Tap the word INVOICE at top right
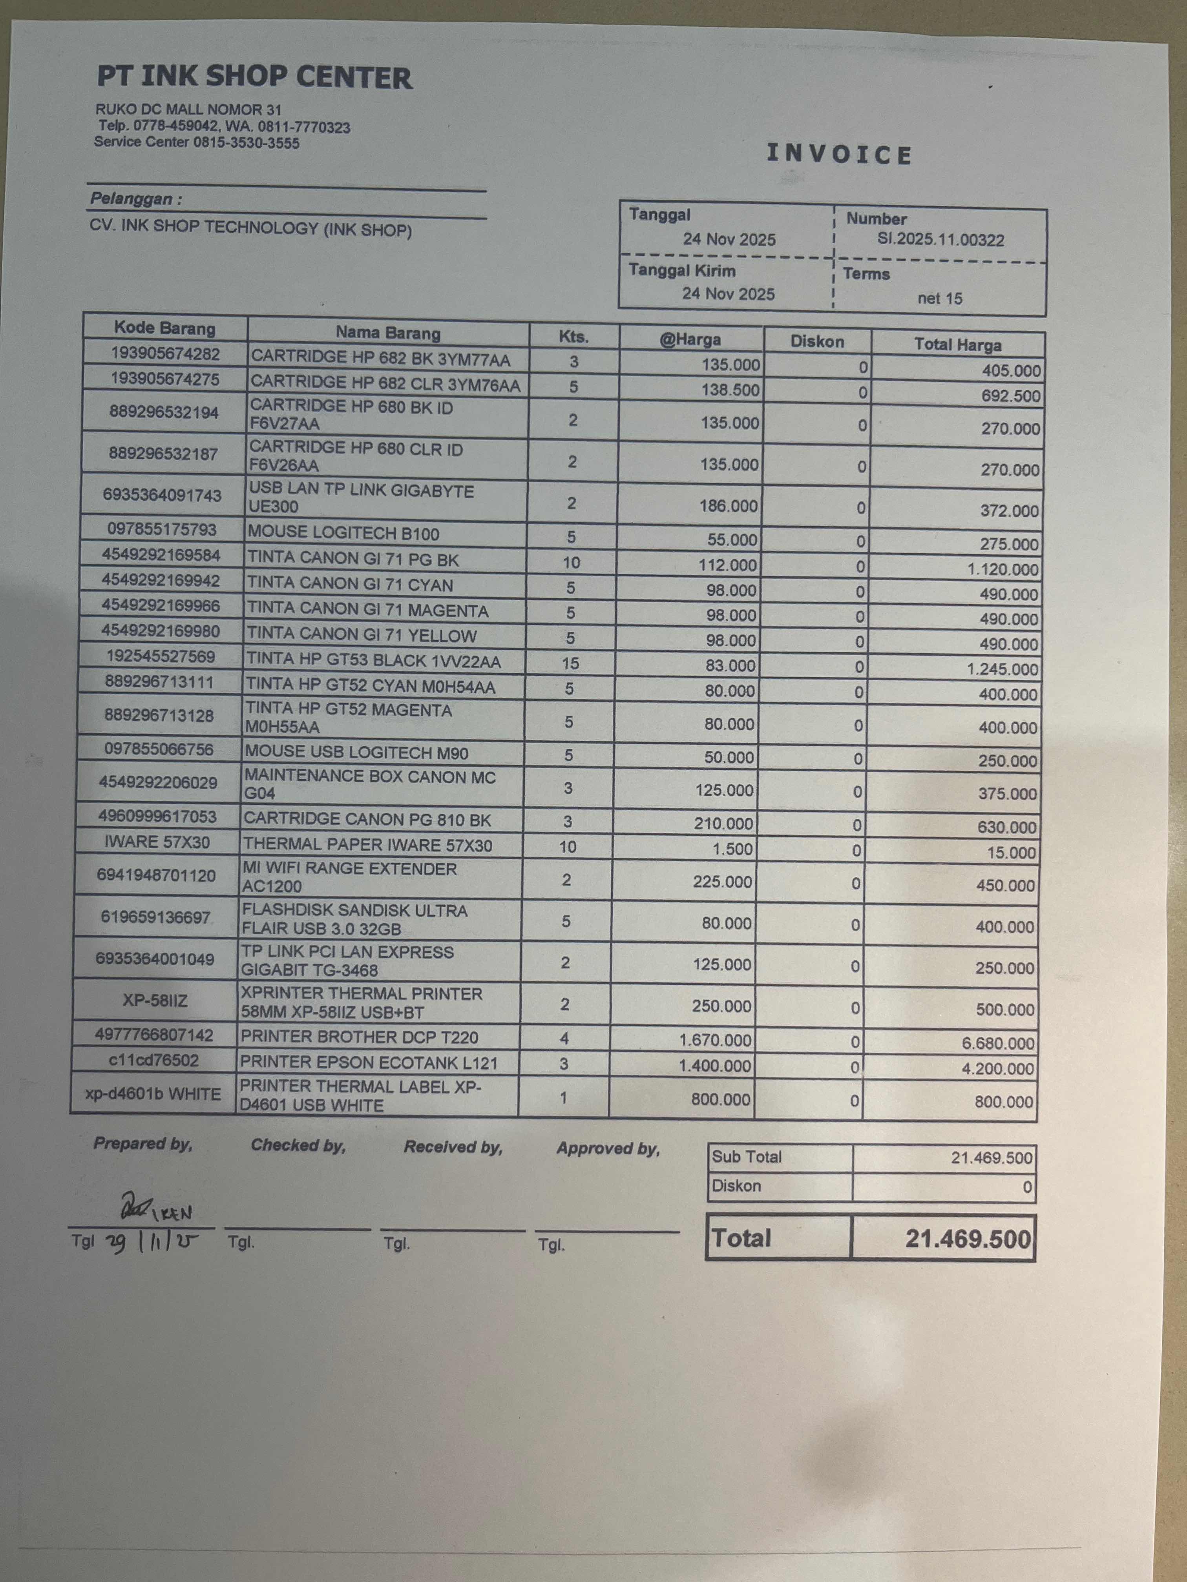coord(839,155)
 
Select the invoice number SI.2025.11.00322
coord(940,240)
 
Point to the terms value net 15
coord(939,298)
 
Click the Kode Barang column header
coord(164,328)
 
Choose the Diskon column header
coord(817,341)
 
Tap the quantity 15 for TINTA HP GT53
coord(570,663)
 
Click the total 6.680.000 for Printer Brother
coord(997,1043)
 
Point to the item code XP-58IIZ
coord(155,1001)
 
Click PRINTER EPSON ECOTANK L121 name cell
coord(369,1063)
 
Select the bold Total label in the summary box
coord(741,1238)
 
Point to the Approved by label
coord(608,1148)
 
